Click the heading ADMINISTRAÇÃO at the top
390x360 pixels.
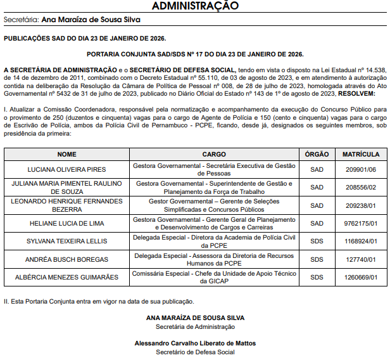click(x=194, y=6)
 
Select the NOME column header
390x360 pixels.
click(x=66, y=154)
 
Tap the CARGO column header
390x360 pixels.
click(x=214, y=154)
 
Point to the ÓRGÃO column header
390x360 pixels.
click(x=317, y=154)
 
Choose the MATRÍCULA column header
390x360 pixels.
click(x=361, y=154)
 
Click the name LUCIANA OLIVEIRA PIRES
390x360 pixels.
click(x=66, y=170)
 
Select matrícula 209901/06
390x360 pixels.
click(x=361, y=170)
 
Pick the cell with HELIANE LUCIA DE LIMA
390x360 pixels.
click(x=66, y=223)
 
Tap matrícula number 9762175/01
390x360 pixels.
click(x=361, y=223)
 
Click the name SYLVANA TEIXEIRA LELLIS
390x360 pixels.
click(x=66, y=241)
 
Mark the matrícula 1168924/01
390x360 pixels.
click(x=361, y=241)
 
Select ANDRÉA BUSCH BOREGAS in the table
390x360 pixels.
click(x=66, y=259)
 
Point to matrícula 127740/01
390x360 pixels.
click(x=361, y=259)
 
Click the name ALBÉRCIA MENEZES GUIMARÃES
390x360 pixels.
click(x=66, y=277)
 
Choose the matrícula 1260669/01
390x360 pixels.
click(x=361, y=277)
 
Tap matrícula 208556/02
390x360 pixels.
click(x=361, y=188)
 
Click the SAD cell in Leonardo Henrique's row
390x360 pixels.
click(x=317, y=205)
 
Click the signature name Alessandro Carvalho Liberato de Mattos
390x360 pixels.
click(x=195, y=343)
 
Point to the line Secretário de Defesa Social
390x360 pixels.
click(x=195, y=352)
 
